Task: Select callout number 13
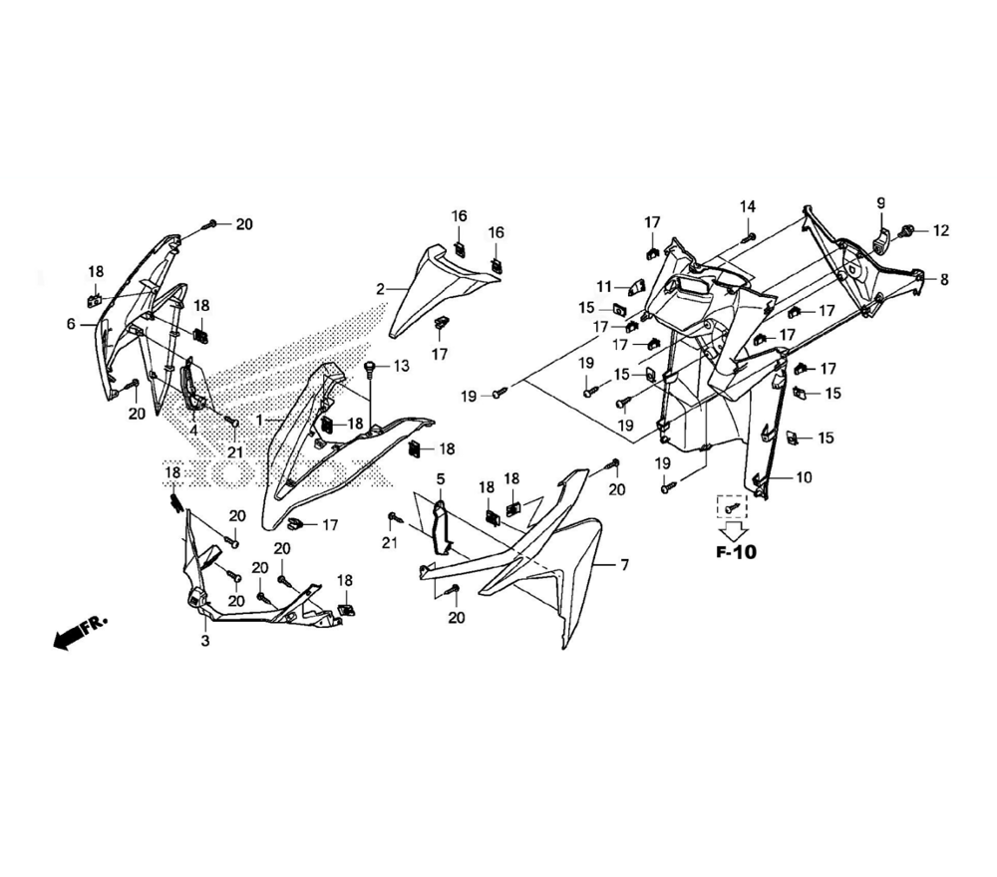point(400,367)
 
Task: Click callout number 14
point(748,206)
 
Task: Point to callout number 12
point(940,231)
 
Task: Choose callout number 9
point(880,204)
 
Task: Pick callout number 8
point(944,280)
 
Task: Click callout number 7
point(624,566)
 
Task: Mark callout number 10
point(804,477)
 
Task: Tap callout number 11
point(605,286)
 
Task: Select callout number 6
point(71,324)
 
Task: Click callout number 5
point(440,479)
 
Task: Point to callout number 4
point(192,430)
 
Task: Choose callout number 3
point(205,641)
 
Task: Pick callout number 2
point(380,289)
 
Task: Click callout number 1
point(258,421)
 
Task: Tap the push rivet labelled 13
point(371,369)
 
